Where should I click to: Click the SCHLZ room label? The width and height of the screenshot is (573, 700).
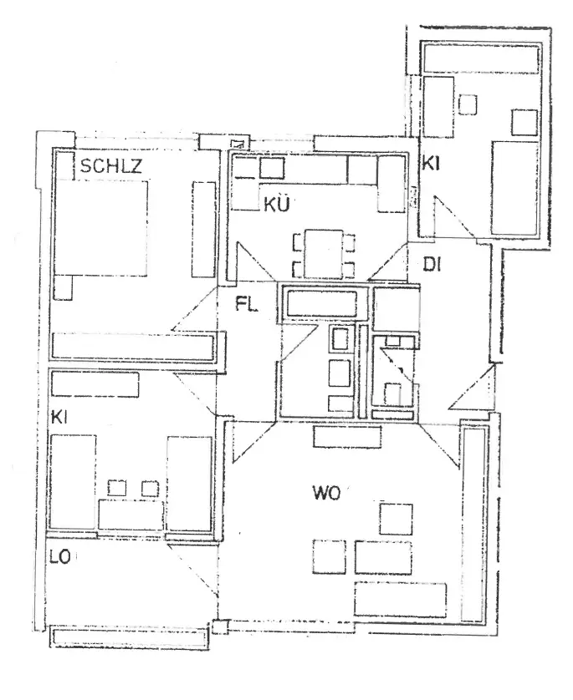(111, 166)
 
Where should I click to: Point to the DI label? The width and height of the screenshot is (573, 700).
(432, 265)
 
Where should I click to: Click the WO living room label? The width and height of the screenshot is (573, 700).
(325, 493)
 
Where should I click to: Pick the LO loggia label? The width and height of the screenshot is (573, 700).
(59, 556)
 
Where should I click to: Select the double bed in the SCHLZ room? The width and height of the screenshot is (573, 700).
(102, 227)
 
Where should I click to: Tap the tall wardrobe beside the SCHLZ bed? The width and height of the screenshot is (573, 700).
(203, 228)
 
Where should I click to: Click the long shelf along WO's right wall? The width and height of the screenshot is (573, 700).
(473, 523)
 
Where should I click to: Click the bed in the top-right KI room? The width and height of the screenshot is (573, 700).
(515, 187)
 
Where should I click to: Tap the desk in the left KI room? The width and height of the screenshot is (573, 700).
(130, 514)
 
